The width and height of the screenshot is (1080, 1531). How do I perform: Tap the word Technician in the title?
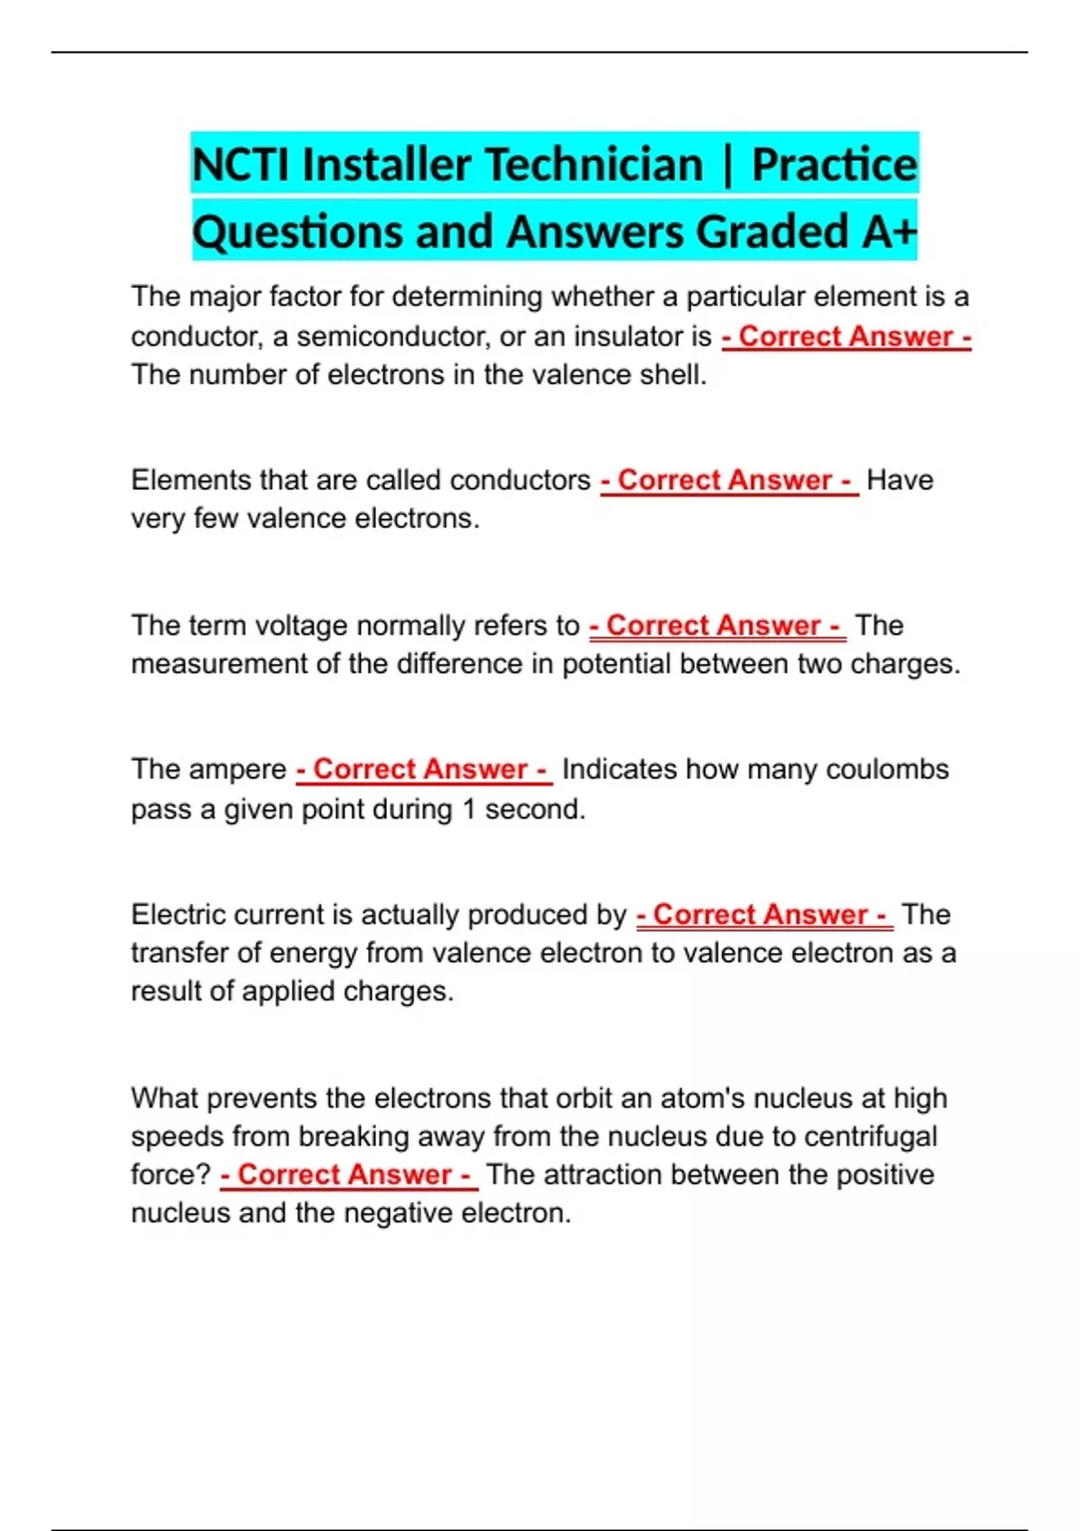(594, 165)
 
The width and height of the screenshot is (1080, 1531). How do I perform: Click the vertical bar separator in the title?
(727, 165)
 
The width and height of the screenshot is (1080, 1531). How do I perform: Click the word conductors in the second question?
(519, 480)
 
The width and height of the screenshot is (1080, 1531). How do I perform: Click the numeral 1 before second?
(468, 809)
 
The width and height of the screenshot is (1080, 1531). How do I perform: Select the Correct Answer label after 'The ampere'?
(424, 769)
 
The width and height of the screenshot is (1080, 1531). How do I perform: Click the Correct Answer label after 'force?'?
(348, 1174)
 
